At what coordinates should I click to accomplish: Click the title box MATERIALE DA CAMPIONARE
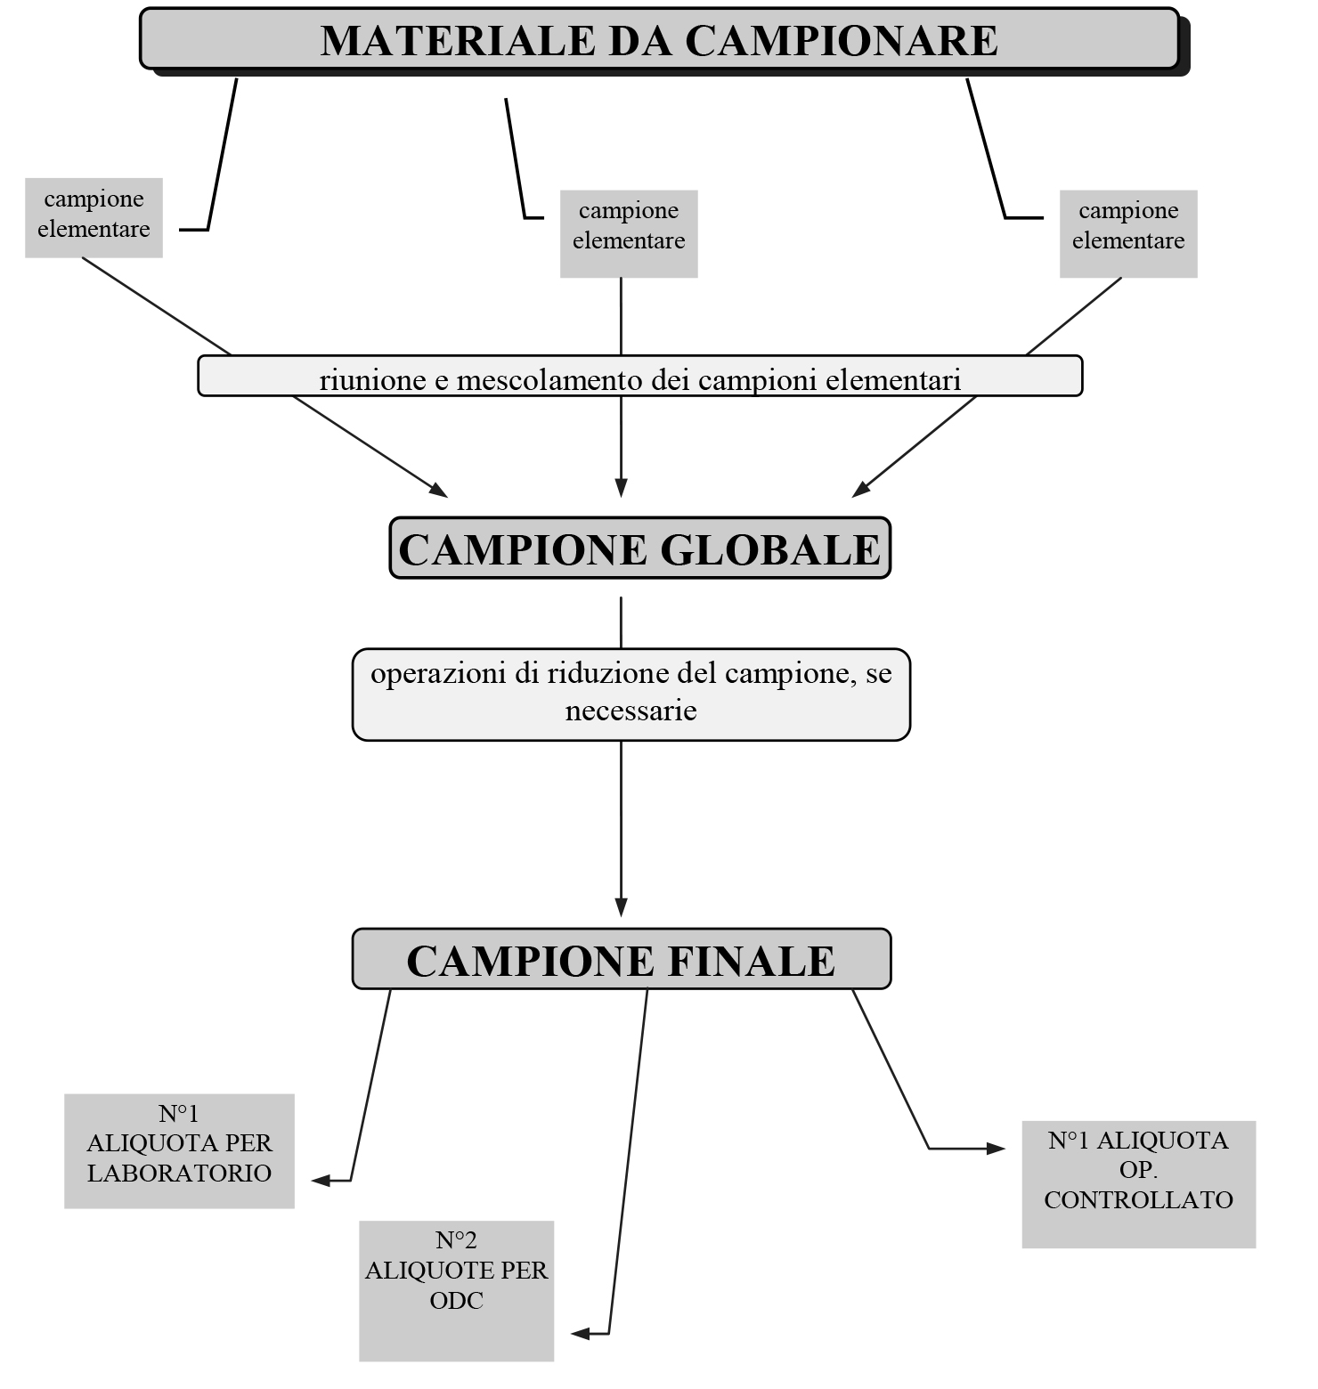pos(659,39)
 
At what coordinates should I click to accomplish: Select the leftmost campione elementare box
pos(94,217)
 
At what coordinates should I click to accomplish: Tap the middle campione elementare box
pos(629,233)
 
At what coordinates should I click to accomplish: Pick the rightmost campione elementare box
pos(1128,233)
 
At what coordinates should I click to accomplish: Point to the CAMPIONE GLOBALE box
pos(639,548)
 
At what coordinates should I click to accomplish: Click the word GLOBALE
pos(770,549)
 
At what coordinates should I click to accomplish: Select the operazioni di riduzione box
pos(631,694)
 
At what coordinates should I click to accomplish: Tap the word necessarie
pos(631,711)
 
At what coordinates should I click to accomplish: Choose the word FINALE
pos(750,961)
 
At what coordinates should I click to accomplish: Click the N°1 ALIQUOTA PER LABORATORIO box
pos(179,1150)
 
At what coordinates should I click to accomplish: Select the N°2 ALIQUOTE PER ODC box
pos(456,1289)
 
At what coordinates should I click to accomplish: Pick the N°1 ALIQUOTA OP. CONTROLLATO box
pos(1138,1183)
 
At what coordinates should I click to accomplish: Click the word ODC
pos(456,1301)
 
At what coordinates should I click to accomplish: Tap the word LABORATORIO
pos(179,1173)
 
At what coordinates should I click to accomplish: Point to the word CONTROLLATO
pos(1138,1200)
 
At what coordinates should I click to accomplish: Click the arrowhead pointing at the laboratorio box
pos(320,1181)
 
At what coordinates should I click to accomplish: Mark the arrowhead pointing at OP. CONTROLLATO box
pos(997,1149)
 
